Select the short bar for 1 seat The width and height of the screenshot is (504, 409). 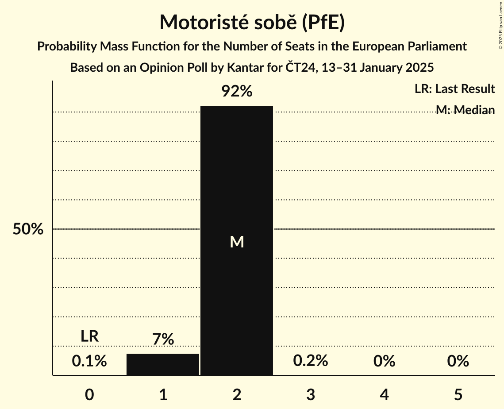(163, 365)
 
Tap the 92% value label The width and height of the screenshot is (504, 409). (237, 92)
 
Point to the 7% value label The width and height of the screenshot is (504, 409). (163, 340)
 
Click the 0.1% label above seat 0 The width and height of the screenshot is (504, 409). (89, 361)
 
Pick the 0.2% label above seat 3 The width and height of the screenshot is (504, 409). (311, 361)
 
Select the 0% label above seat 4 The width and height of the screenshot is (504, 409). (384, 361)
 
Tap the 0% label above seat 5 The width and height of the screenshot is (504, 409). (458, 361)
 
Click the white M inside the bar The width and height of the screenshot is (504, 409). (237, 242)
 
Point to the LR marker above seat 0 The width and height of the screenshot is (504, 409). (89, 336)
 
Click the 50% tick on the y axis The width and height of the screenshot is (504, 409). (28, 229)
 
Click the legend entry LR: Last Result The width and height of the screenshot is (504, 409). (454, 89)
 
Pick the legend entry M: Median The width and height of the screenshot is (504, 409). (465, 110)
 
